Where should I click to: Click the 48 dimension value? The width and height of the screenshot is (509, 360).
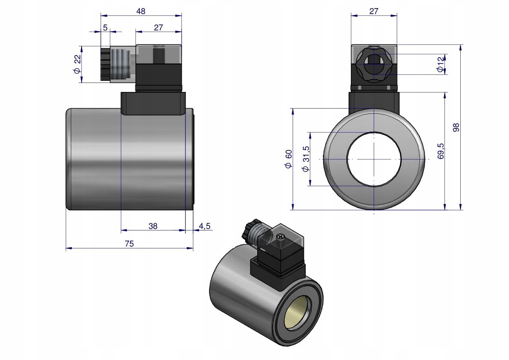(x=141, y=11)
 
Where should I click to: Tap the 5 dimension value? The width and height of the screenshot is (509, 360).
(x=105, y=28)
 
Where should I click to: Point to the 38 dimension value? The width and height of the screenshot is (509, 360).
(x=153, y=226)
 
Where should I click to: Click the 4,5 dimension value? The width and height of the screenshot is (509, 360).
(x=205, y=226)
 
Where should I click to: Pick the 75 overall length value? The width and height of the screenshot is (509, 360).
(x=129, y=244)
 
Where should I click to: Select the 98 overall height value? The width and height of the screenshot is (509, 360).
(x=456, y=127)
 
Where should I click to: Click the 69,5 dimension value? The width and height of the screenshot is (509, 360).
(x=441, y=151)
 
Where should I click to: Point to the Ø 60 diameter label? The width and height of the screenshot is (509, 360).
(x=288, y=159)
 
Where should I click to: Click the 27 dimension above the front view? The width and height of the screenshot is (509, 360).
(x=374, y=11)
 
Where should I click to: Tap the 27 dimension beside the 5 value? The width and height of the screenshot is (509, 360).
(x=158, y=28)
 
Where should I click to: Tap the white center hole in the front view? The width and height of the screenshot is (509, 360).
(x=374, y=159)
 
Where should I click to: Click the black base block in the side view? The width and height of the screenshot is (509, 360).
(x=153, y=104)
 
